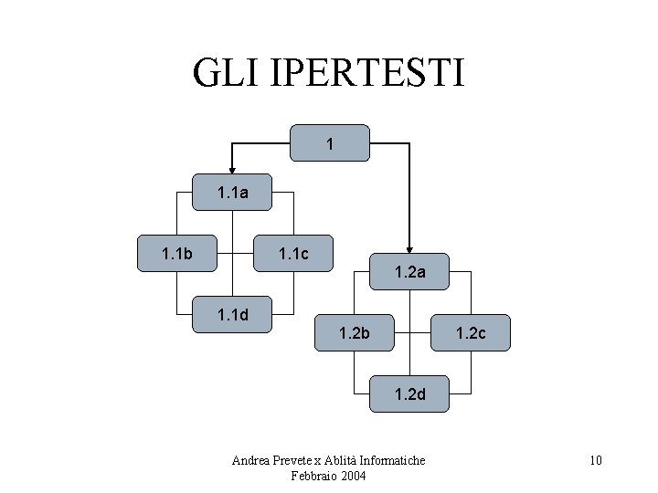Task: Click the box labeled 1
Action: pos(330,143)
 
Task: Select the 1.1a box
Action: pos(233,193)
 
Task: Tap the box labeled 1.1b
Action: pos(177,253)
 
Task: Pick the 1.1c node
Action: pos(292,253)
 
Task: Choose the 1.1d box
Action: pos(233,315)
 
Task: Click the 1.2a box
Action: pos(409,271)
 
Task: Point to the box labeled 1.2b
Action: pos(354,333)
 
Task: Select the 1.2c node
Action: pos(470,333)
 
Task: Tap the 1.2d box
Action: pos(409,394)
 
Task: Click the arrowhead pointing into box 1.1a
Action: pos(233,168)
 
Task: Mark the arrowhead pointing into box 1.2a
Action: pos(409,246)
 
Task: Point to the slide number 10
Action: pos(595,460)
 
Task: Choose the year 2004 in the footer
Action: pos(353,476)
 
